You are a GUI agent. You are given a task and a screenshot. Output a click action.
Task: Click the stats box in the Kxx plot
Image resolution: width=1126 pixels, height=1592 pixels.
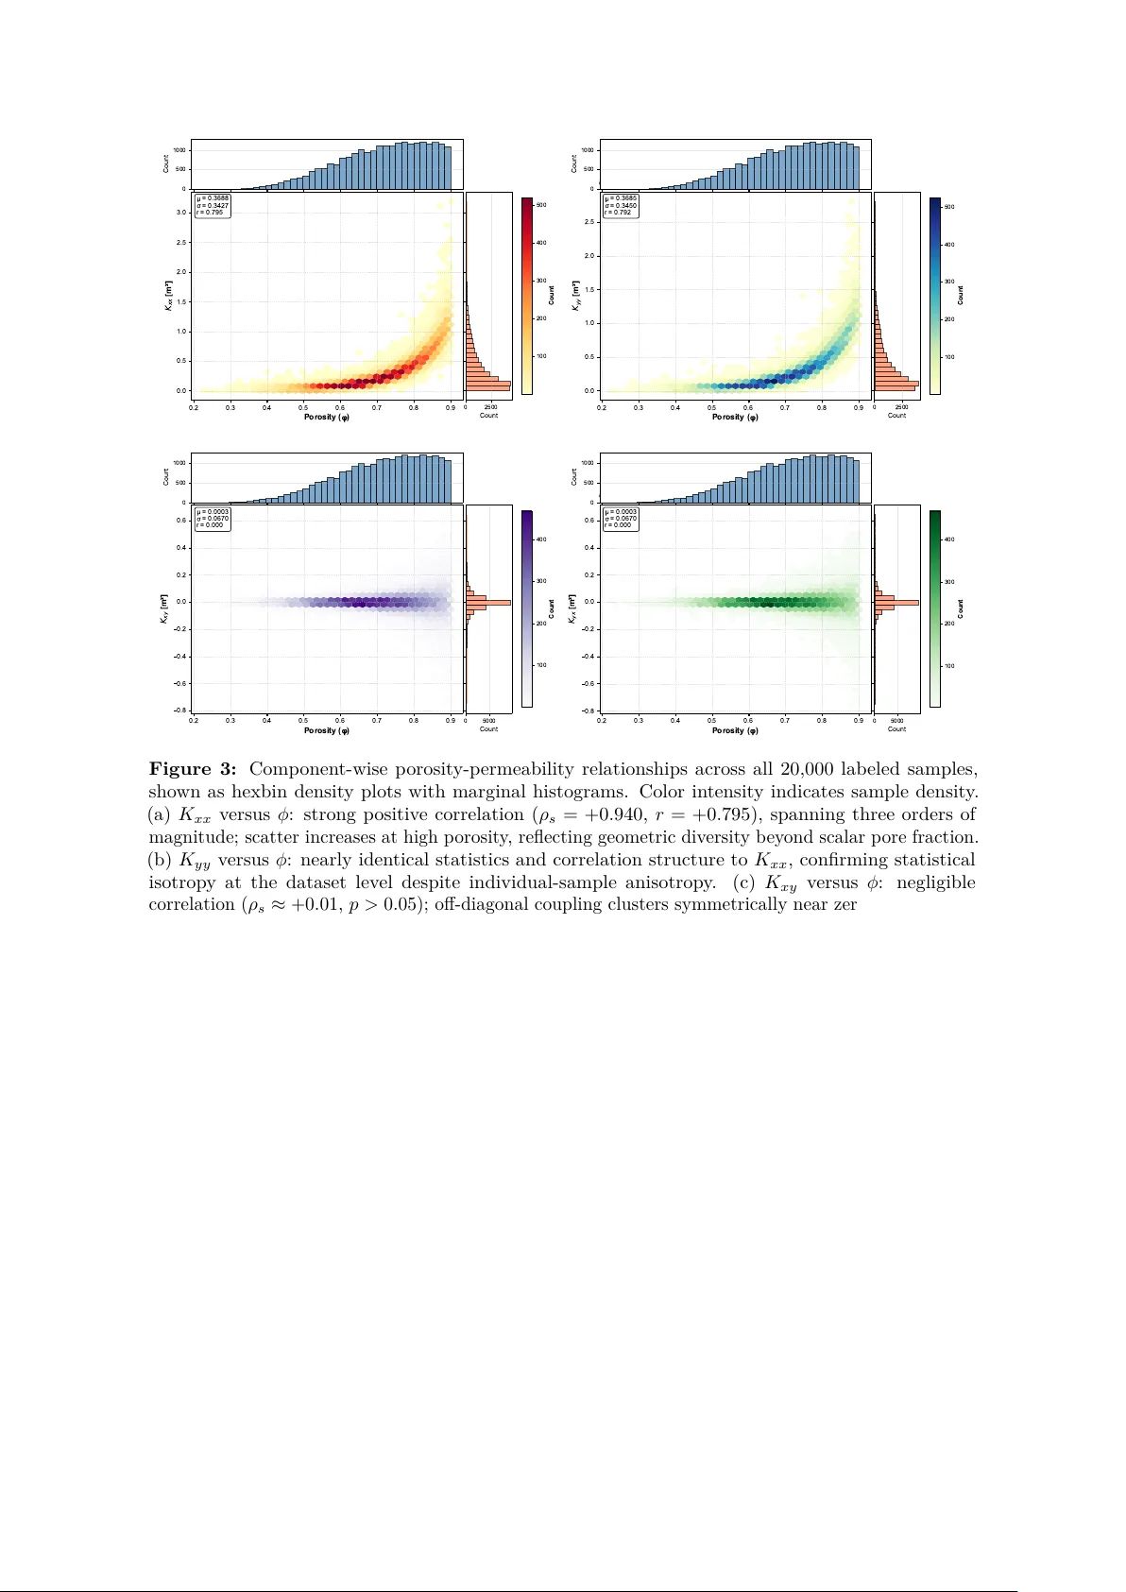213,205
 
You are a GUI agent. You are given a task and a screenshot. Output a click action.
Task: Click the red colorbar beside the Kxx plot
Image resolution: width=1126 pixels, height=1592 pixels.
527,295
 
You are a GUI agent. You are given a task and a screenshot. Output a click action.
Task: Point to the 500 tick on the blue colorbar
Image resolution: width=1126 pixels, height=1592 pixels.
949,207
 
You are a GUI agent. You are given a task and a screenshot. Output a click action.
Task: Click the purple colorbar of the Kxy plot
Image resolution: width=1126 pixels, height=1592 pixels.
527,608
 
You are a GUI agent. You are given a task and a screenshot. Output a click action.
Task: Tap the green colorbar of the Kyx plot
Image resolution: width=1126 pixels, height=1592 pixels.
935,608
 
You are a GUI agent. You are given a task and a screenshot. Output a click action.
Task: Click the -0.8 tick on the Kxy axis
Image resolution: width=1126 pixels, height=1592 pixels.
180,710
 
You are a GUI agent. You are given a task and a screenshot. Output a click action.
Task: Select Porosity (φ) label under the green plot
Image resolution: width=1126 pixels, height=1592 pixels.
735,730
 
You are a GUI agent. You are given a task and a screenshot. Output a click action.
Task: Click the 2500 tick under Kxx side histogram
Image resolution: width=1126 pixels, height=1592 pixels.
491,407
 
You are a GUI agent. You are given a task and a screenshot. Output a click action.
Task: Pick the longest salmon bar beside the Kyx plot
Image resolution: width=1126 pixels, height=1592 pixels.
896,603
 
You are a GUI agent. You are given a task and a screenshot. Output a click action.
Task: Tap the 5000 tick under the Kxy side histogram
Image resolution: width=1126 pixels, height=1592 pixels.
488,721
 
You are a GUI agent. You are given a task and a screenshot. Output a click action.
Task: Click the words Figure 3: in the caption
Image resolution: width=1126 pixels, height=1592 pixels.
193,769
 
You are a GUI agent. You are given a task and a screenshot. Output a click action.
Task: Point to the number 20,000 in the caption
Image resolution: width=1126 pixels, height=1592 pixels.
808,769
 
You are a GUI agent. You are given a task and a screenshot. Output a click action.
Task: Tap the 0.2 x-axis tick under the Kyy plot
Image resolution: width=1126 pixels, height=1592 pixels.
602,407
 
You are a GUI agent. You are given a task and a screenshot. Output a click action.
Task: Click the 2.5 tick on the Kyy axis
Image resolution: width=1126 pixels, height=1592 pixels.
589,222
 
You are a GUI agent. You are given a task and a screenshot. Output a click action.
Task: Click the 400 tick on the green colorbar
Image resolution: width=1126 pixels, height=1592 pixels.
949,539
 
